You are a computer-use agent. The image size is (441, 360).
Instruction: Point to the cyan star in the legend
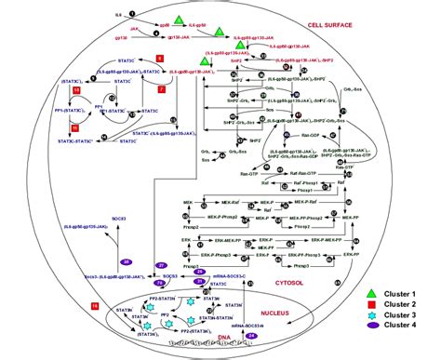coord(374,323)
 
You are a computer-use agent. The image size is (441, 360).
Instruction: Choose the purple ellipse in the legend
coord(374,339)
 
